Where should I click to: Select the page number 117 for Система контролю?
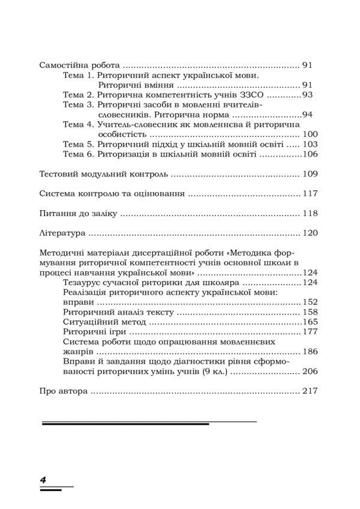(310, 194)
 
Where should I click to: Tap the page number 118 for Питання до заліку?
(310, 214)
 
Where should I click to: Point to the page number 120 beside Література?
(310, 233)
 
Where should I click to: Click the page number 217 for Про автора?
(310, 391)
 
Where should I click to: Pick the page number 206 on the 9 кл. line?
(310, 372)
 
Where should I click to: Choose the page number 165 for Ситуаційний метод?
(310, 322)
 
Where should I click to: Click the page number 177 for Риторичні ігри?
(310, 332)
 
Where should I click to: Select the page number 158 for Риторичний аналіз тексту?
(310, 312)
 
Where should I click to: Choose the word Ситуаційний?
(89, 322)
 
